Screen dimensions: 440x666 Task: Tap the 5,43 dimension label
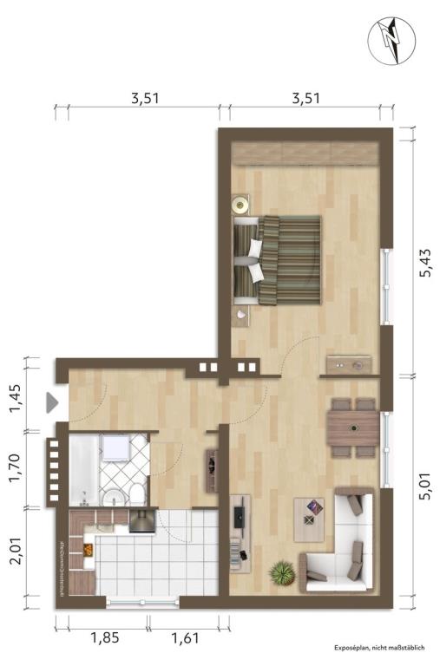[x=425, y=263]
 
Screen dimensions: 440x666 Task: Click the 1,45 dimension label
[x=15, y=397]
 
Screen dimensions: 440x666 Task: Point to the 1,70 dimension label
[x=15, y=468]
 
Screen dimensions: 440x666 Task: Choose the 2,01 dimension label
[x=16, y=551]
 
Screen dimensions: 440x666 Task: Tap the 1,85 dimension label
[x=105, y=637]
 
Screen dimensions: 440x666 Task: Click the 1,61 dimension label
[x=185, y=637]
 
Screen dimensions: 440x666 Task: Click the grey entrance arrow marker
[x=51, y=402]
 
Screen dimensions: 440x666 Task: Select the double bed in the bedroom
[x=277, y=260]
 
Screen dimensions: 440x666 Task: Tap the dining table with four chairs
[x=353, y=428]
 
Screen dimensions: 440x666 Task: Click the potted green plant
[x=282, y=573]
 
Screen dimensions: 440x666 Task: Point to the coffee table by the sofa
[x=309, y=519]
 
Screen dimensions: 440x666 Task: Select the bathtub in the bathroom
[x=84, y=470]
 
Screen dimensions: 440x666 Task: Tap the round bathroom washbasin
[x=113, y=498]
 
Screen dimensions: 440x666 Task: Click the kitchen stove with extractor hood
[x=142, y=521]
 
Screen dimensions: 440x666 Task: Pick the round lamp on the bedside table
[x=240, y=205]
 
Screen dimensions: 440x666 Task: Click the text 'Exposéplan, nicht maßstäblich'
[x=379, y=647]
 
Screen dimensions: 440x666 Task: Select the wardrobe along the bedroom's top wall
[x=305, y=153]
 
